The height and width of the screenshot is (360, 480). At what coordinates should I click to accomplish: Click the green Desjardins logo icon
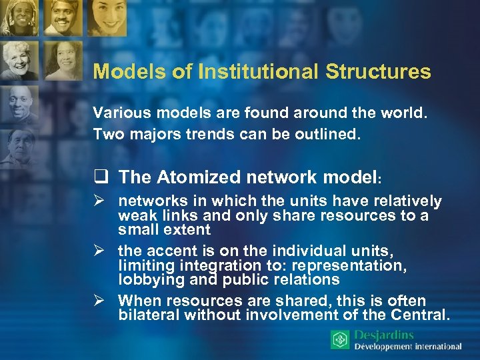[x=340, y=339]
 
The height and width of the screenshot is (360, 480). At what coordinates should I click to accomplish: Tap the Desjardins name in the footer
[x=384, y=335]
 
